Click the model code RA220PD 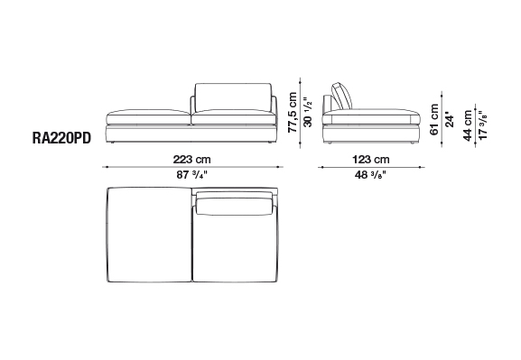click(61, 138)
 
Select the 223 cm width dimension click(191, 160)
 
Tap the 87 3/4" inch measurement click(191, 175)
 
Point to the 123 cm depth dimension click(371, 160)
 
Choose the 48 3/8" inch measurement click(370, 175)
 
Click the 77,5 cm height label click(293, 112)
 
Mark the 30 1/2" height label click(308, 112)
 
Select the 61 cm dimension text click(434, 120)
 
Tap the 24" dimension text click(450, 120)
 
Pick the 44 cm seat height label click(468, 125)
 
